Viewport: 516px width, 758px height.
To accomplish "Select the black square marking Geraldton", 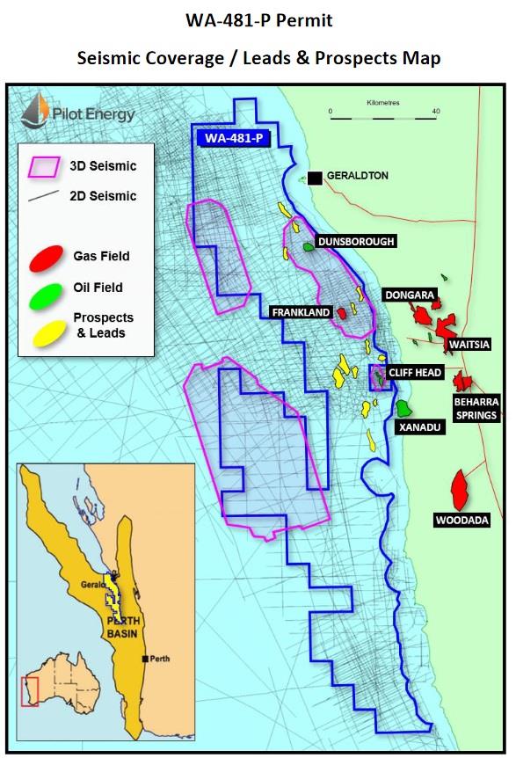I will pos(314,177).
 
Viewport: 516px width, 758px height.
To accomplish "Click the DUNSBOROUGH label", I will pos(356,241).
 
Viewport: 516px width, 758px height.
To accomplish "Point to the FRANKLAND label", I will pos(301,312).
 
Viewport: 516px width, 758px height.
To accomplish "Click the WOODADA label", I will pos(461,521).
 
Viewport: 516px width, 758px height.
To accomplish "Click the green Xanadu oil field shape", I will pos(403,408).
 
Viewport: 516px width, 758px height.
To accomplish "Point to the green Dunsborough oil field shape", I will pos(309,248).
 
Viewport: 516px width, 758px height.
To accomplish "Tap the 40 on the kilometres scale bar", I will pos(435,112).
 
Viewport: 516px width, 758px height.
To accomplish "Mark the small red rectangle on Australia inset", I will pos(30,691).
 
